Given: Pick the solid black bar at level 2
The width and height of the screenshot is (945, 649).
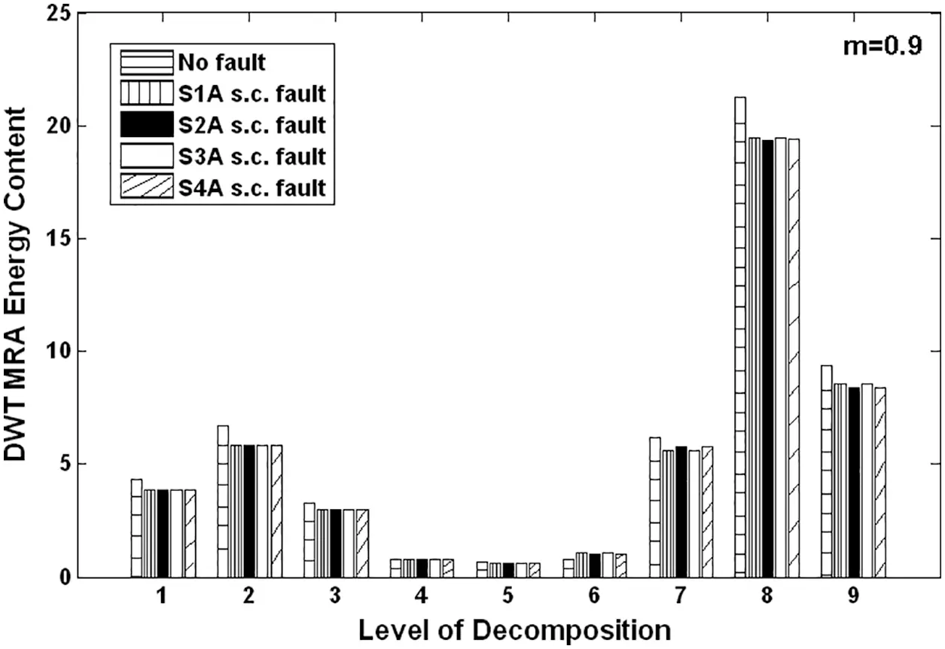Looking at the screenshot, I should (248, 511).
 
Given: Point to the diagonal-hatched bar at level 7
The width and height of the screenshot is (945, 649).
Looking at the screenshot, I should (706, 512).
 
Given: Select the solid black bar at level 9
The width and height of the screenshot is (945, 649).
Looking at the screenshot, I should (853, 482).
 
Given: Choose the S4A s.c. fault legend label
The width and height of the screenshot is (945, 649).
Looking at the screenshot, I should (251, 187).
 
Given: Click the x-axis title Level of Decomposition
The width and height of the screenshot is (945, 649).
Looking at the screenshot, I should (514, 629).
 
